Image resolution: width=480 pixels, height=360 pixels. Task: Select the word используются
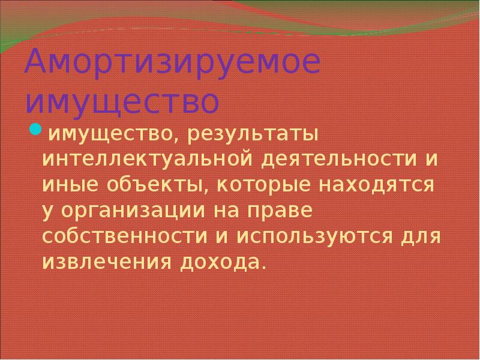[x=311, y=238]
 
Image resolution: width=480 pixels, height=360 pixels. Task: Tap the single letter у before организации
[x=48, y=213]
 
